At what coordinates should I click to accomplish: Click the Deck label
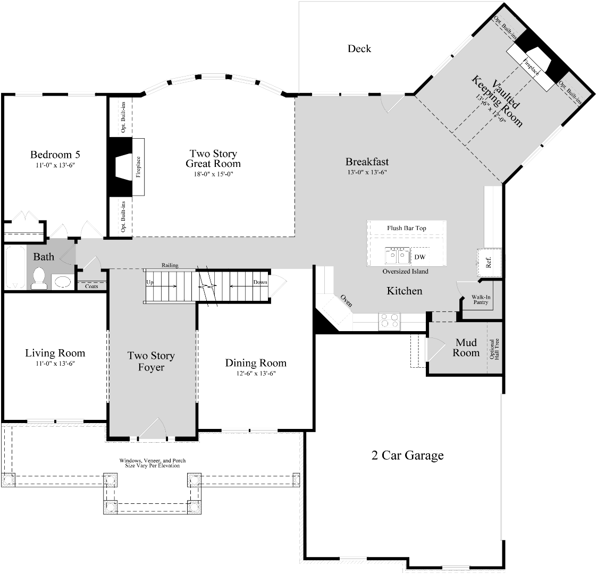(359, 49)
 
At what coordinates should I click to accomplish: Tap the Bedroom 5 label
(55, 155)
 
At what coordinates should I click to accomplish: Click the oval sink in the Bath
(63, 282)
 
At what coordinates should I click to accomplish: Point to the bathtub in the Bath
(14, 267)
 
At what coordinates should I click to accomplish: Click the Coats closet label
(91, 286)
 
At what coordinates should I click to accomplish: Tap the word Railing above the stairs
(170, 265)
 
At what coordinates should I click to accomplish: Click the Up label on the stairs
(150, 282)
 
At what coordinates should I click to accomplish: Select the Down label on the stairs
(260, 282)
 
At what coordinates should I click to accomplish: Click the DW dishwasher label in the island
(420, 257)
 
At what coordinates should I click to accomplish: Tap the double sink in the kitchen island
(398, 256)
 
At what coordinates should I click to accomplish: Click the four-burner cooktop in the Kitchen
(389, 321)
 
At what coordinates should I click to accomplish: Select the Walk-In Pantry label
(481, 300)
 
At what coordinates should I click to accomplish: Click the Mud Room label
(466, 348)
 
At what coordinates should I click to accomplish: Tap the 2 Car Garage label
(407, 455)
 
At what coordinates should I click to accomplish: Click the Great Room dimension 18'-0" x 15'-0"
(213, 174)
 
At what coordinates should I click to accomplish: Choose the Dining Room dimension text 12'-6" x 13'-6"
(256, 373)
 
